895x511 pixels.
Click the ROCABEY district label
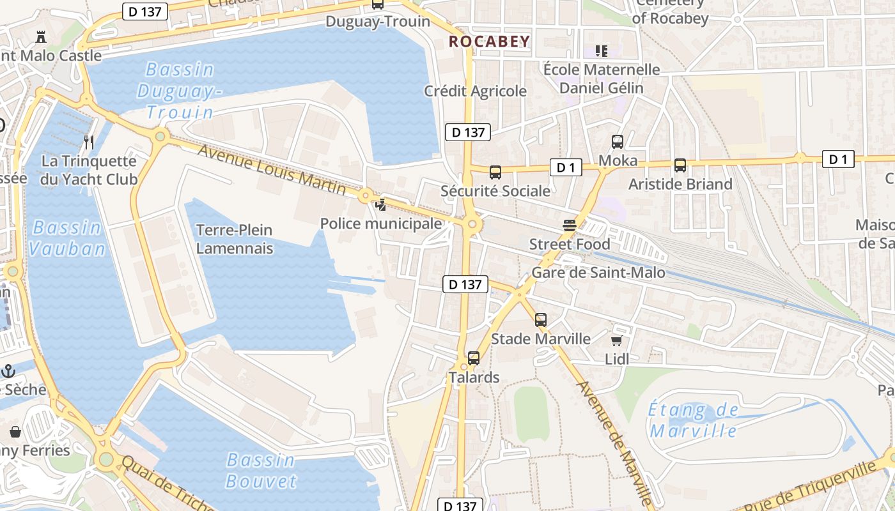(489, 42)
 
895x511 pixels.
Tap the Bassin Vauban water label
(67, 238)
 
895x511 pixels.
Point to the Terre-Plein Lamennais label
(234, 239)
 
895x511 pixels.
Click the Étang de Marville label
(694, 420)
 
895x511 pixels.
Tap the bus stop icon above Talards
(473, 358)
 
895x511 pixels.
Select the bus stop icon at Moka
(617, 142)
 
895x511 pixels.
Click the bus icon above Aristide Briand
(680, 165)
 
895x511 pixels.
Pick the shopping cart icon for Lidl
(616, 340)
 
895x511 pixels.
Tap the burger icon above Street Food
(569, 225)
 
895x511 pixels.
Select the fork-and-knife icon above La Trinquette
(89, 142)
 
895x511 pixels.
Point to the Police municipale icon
(380, 205)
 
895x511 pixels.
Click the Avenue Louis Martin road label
(272, 169)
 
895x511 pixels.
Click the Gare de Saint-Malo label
(598, 273)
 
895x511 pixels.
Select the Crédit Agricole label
(475, 91)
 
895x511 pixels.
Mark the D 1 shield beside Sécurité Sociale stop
(565, 167)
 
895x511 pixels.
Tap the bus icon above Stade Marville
(540, 320)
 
